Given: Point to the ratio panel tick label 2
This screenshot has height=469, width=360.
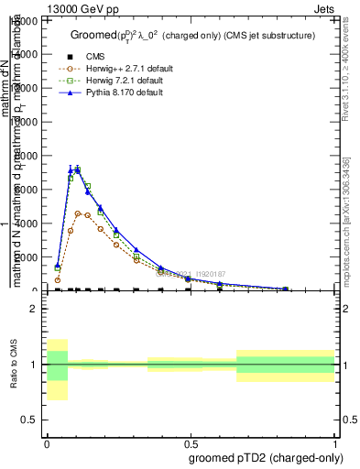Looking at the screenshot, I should [x=34, y=309].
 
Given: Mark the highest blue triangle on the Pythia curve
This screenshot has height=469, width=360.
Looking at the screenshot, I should [x=78, y=169].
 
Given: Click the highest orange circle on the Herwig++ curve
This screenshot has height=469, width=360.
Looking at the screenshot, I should [x=79, y=213].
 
